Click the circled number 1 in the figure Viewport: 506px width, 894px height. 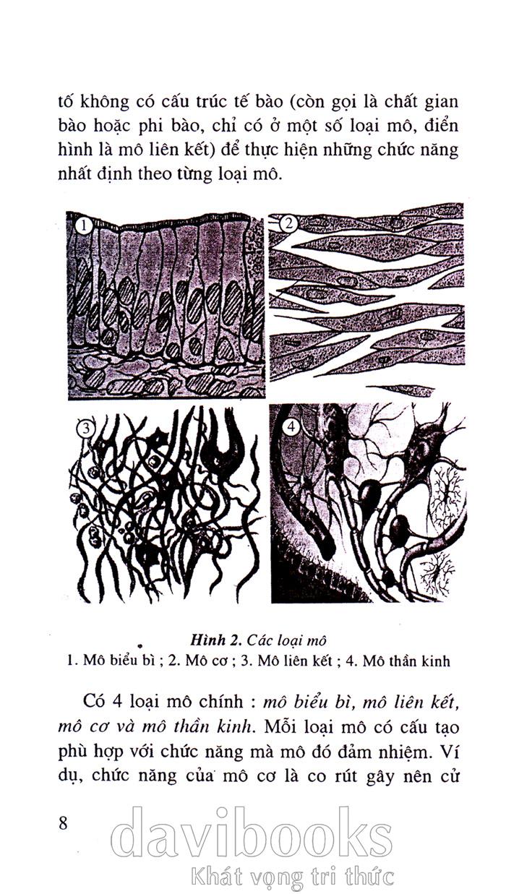pos(83,226)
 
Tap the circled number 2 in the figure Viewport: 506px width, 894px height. pos(288,223)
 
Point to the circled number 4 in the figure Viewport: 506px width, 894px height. pos(291,426)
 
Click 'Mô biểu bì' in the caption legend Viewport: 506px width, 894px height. pos(119,661)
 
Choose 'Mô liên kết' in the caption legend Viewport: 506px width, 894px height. pos(295,661)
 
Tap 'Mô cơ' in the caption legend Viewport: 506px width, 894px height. pos(206,661)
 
